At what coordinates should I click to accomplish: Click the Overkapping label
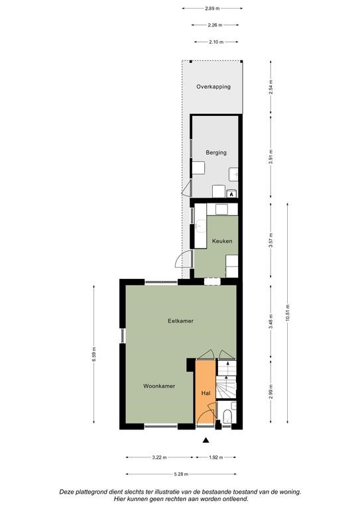213,87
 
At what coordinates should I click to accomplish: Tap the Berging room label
216,152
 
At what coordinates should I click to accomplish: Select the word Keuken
222,241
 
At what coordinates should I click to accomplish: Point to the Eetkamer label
180,321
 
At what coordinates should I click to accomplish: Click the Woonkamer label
159,386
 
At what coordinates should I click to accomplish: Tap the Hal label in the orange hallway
206,393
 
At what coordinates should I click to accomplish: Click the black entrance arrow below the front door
206,440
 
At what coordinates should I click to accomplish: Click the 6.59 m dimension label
94,354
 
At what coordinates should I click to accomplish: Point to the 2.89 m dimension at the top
212,9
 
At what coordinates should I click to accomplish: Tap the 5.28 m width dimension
181,474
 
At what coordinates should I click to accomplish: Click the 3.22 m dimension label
159,457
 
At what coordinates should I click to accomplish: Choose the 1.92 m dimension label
216,457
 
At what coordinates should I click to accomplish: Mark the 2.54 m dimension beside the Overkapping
271,87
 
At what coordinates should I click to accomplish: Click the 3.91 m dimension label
271,157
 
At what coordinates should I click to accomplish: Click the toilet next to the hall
227,416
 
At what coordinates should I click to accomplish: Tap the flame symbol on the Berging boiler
231,194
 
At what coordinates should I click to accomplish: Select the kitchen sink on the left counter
201,226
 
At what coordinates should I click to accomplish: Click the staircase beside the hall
226,379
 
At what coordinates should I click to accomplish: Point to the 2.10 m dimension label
216,42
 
